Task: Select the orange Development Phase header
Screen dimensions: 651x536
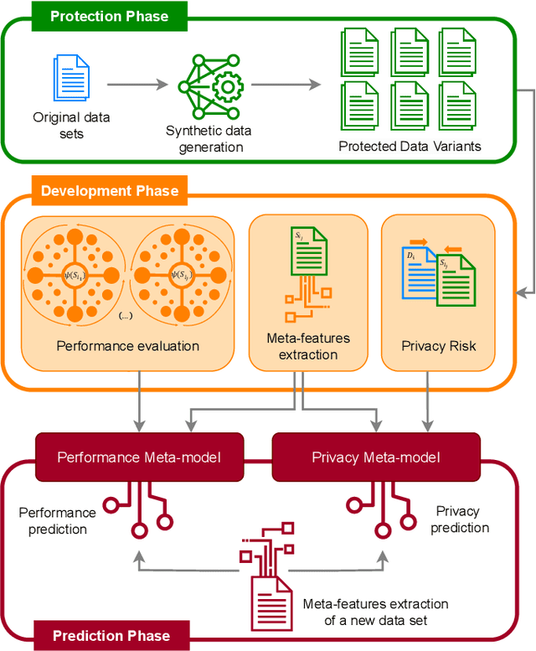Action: pyautogui.click(x=110, y=190)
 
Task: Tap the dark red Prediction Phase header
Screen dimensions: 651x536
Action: pyautogui.click(x=111, y=635)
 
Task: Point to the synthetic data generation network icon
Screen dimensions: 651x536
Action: pyautogui.click(x=209, y=85)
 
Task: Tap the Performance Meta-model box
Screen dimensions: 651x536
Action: pyautogui.click(x=139, y=457)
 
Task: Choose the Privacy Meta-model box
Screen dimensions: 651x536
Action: pyautogui.click(x=376, y=457)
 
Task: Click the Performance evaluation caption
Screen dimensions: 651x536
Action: pyautogui.click(x=127, y=344)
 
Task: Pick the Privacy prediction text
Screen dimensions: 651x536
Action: pyautogui.click(x=459, y=519)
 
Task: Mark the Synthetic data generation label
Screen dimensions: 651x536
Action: pyautogui.click(x=209, y=139)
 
